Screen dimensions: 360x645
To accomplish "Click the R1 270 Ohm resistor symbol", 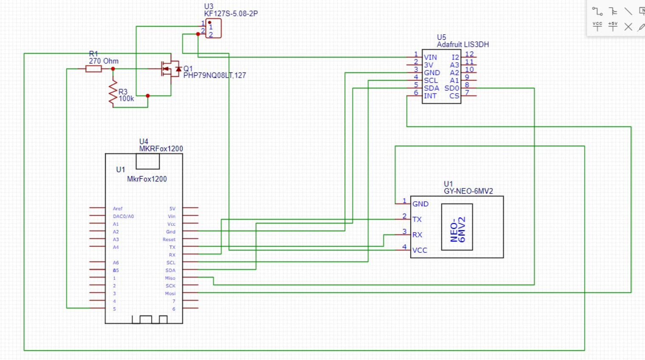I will (93, 69).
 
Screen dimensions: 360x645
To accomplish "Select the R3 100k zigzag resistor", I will (113, 93).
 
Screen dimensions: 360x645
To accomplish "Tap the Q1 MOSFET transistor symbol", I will (169, 69).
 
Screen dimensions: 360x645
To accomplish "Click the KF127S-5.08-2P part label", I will (231, 14).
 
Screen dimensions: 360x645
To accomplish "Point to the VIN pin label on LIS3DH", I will (430, 57).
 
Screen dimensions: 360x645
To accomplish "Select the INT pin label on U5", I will (430, 96).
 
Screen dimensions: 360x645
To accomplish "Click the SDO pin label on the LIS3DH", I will (452, 88).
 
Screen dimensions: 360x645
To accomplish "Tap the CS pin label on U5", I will (454, 96).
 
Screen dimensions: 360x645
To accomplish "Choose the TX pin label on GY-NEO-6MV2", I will (417, 219).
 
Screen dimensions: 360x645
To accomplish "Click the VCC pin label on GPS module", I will (420, 250).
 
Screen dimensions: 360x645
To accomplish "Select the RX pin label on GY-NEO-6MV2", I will (417, 235).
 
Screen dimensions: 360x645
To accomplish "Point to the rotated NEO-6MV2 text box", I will (457, 227).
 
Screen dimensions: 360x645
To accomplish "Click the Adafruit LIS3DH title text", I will (463, 45).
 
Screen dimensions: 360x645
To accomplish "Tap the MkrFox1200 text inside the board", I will (147, 179).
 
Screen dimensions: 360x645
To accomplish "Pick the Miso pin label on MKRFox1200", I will (170, 278).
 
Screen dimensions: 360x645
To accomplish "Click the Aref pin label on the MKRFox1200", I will (118, 209).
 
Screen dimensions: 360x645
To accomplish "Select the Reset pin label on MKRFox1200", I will (169, 239).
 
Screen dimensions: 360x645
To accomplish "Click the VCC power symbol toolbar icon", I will (597, 26).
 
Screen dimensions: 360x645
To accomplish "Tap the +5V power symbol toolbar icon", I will (613, 26).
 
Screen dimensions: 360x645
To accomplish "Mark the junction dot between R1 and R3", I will (113, 69).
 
